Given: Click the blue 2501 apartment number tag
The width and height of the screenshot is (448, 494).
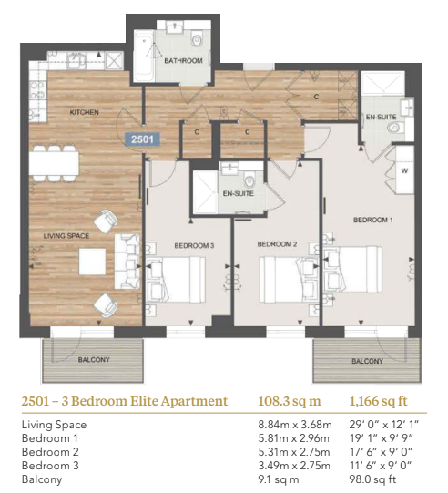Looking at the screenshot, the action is pos(142,139).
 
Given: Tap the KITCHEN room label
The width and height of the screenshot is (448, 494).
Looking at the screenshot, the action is pos(84,112).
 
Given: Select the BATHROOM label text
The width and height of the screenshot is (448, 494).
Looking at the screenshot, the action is pos(183,60).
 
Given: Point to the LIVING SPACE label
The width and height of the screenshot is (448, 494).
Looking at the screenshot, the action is pos(66,236).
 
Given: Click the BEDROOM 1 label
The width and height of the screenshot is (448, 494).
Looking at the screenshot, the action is pos(373,220).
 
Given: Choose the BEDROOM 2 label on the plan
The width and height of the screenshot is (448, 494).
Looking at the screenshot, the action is pos(277,244).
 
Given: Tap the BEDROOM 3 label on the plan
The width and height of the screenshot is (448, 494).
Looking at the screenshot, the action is pos(194,245).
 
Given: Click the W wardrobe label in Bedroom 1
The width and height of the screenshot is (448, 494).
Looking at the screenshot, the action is pos(404,170).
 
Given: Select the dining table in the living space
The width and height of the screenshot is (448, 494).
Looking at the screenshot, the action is pos(54,163).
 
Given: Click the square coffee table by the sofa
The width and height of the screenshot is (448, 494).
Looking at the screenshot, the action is pos(92,262).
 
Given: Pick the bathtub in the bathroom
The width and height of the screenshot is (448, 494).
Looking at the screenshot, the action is pos(144,57).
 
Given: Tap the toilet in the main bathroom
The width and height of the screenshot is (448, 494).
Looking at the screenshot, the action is pos(197,39).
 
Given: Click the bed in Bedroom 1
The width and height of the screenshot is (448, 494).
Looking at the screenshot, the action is pos(352,270).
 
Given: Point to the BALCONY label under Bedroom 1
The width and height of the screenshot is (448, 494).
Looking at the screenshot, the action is pos(367,361).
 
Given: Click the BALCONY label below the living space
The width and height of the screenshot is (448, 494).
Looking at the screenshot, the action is pos(94,359).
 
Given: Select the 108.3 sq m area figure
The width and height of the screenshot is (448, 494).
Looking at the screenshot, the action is pos(290,401).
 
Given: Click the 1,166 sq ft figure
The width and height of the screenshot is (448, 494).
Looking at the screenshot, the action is pos(378,401).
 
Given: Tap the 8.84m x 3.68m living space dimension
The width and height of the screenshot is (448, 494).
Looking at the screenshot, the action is pos(295,425).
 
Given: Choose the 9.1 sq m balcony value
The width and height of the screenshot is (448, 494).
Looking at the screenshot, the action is pos(279,479).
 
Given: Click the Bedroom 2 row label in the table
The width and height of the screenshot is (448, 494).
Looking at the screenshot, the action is pos(50,452).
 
